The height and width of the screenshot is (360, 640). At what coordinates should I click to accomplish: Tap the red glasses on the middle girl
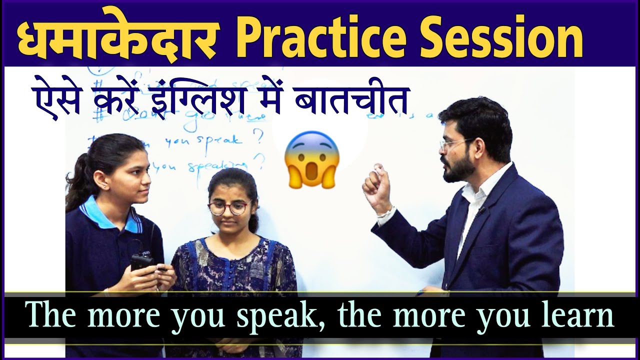229,207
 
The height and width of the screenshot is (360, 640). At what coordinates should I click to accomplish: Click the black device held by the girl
143,261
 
